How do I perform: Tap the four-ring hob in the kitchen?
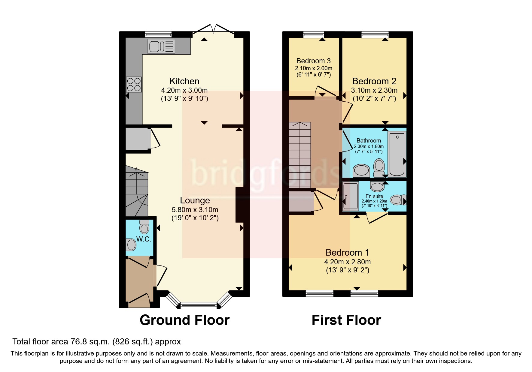(134, 84)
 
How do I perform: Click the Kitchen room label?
(184, 81)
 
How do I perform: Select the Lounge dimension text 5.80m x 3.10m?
(195, 210)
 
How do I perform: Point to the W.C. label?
(144, 239)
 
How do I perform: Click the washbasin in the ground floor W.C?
(131, 245)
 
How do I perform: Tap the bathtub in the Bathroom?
(397, 154)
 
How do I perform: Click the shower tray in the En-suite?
(350, 196)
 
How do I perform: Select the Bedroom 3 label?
(313, 61)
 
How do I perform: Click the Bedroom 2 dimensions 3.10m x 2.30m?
(374, 90)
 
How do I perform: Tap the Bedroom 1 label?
(347, 253)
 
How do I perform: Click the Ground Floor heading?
(184, 320)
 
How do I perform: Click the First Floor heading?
(346, 320)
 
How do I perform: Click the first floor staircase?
(300, 155)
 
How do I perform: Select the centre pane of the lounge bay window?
(198, 306)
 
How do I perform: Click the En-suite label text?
(374, 196)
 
